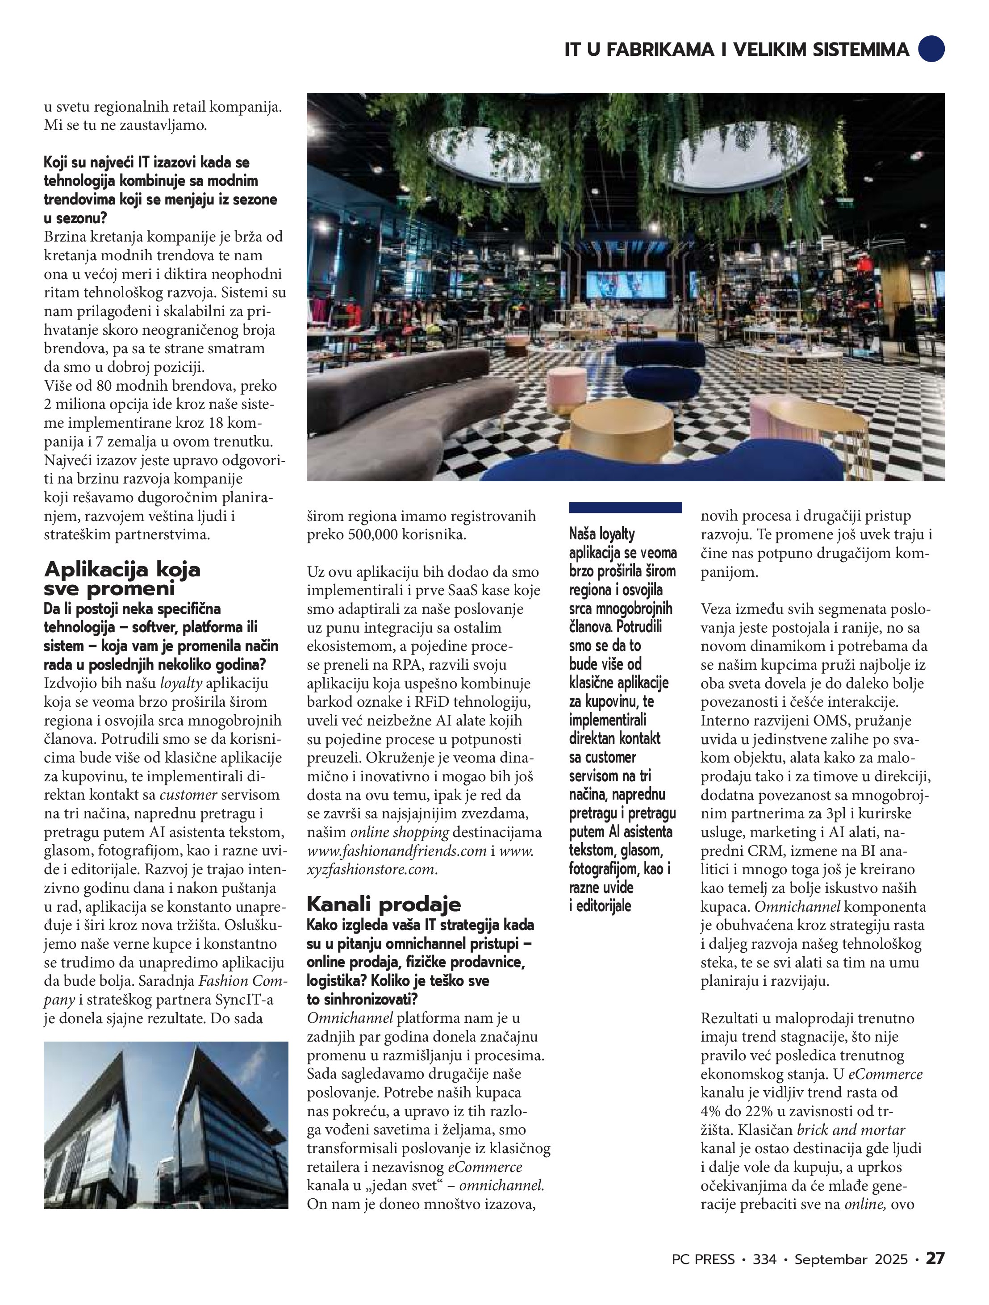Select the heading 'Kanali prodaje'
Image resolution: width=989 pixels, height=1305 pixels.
[x=384, y=904]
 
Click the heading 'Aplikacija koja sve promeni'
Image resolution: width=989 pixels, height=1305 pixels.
[x=122, y=579]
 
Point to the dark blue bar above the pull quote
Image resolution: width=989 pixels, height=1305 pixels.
[x=625, y=507]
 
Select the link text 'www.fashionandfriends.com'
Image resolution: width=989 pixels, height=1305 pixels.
[x=396, y=851]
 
